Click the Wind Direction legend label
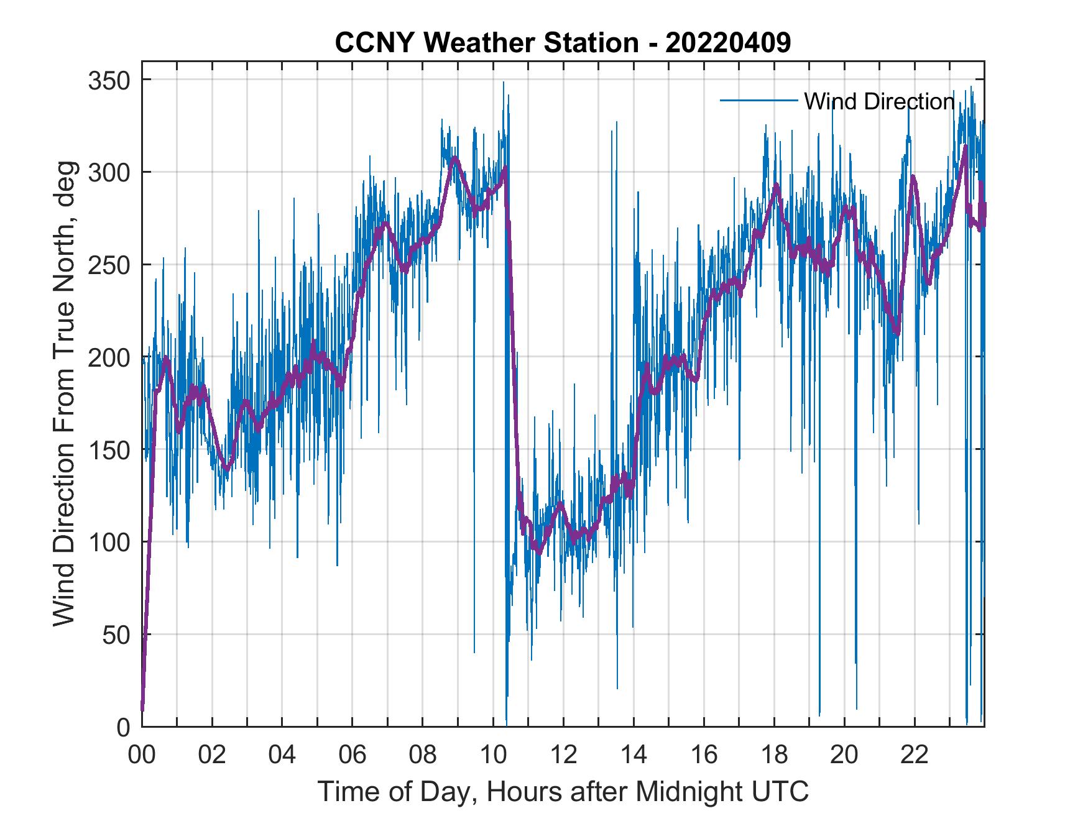pyautogui.click(x=878, y=101)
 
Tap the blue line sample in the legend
pyautogui.click(x=758, y=100)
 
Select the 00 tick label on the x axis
pyautogui.click(x=142, y=755)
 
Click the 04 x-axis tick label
pyautogui.click(x=282, y=755)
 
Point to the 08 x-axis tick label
pyautogui.click(x=423, y=755)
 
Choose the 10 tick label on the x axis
pyautogui.click(x=493, y=755)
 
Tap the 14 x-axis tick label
pyautogui.click(x=634, y=755)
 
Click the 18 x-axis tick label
pyautogui.click(x=774, y=755)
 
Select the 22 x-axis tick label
pyautogui.click(x=915, y=755)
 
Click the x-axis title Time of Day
pyautogui.click(x=563, y=791)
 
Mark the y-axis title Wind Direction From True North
pyautogui.click(x=64, y=393)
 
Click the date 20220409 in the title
pyautogui.click(x=728, y=43)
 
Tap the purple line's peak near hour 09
pyautogui.click(x=455, y=158)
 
